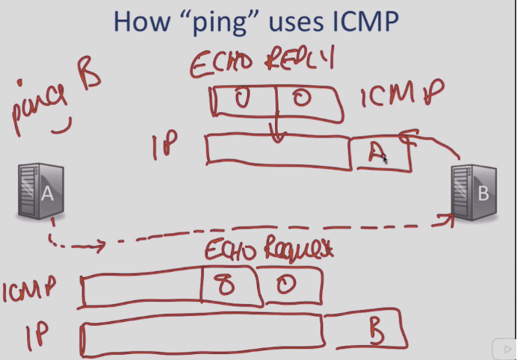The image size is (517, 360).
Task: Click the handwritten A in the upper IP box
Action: pos(377,153)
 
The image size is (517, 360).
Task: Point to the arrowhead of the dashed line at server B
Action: pos(448,217)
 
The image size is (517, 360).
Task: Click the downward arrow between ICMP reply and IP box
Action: pos(278,134)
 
